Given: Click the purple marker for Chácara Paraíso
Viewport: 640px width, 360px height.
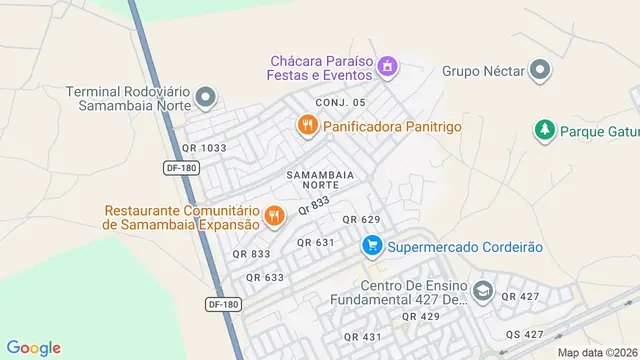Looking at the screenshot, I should [x=388, y=68].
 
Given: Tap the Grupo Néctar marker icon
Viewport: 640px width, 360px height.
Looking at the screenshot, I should [x=541, y=70].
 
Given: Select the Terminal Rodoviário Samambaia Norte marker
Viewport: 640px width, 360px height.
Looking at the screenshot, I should [x=206, y=97].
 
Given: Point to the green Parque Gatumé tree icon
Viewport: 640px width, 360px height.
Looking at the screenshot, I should [x=544, y=130].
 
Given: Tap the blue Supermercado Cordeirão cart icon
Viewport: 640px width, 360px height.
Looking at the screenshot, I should [x=372, y=244].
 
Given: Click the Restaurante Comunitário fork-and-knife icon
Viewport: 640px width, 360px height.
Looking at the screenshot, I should [x=273, y=214].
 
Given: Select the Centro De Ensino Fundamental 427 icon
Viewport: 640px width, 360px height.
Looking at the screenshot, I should [x=483, y=291].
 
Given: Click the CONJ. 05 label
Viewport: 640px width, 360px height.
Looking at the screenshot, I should [x=341, y=103].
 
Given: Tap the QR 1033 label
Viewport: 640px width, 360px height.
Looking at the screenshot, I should [x=204, y=148].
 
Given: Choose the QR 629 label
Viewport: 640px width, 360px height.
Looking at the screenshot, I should [x=362, y=219].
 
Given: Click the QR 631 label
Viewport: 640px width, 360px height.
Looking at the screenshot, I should [x=316, y=242].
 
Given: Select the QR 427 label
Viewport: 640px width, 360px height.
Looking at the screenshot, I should [x=520, y=296].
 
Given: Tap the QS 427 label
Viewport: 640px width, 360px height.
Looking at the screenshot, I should [x=525, y=334].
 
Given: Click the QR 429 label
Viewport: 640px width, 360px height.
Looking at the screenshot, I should [x=420, y=316].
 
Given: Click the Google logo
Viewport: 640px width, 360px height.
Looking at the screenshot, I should [x=34, y=347].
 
